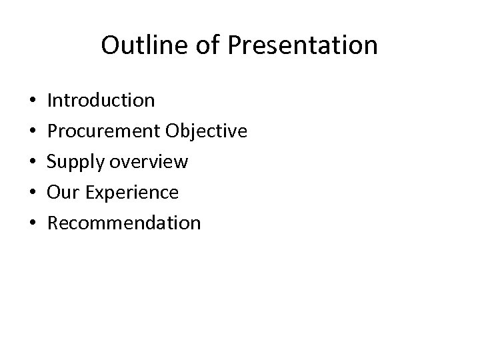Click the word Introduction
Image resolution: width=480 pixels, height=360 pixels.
click(x=101, y=101)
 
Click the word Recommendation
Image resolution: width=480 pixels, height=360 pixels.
click(x=124, y=223)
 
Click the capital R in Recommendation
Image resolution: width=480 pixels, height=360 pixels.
click(x=53, y=223)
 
